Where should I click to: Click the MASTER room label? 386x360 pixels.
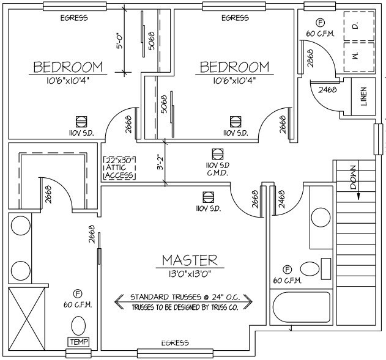[190, 260]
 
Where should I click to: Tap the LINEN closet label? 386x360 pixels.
[363, 97]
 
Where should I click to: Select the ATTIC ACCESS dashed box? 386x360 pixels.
[120, 168]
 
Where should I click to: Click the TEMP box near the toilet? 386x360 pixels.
[78, 342]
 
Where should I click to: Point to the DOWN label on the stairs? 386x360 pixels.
[353, 177]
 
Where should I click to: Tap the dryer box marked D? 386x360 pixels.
[359, 26]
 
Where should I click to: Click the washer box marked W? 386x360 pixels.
[359, 57]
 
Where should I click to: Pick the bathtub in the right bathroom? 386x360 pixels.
[302, 307]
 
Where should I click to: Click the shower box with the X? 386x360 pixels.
[26, 318]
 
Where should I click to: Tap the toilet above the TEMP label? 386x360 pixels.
[78, 326]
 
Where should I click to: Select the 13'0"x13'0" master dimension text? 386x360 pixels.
[190, 274]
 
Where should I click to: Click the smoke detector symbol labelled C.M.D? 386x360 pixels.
[218, 155]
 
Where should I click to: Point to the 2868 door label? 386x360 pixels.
[310, 58]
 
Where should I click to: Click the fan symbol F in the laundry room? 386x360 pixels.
[321, 23]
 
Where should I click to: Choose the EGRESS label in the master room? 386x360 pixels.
[175, 343]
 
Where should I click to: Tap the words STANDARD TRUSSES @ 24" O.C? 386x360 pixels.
[185, 297]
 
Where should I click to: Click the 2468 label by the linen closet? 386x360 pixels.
[327, 89]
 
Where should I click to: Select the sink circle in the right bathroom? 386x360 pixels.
[321, 218]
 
